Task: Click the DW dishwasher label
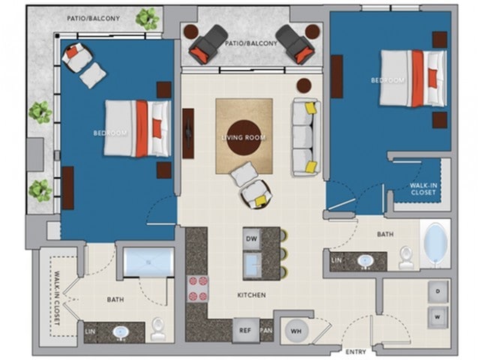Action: pyautogui.click(x=251, y=238)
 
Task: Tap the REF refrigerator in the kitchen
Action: pyautogui.click(x=245, y=330)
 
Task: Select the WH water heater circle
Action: pyautogui.click(x=296, y=331)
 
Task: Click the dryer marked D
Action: pyautogui.click(x=438, y=291)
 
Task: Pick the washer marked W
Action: pyautogui.click(x=438, y=317)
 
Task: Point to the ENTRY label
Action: pyautogui.click(x=355, y=352)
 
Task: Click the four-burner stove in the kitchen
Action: pyautogui.click(x=197, y=288)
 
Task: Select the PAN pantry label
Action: pyautogui.click(x=266, y=331)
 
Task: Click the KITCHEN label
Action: pyautogui.click(x=252, y=295)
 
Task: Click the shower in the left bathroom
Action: pyautogui.click(x=148, y=262)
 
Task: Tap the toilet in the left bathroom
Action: pyautogui.click(x=158, y=328)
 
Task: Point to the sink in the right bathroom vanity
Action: pyautogui.click(x=365, y=261)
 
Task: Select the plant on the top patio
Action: pyautogui.click(x=148, y=19)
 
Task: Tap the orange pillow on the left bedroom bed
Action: pyautogui.click(x=157, y=128)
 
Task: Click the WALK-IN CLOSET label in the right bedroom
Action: pyautogui.click(x=423, y=189)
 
